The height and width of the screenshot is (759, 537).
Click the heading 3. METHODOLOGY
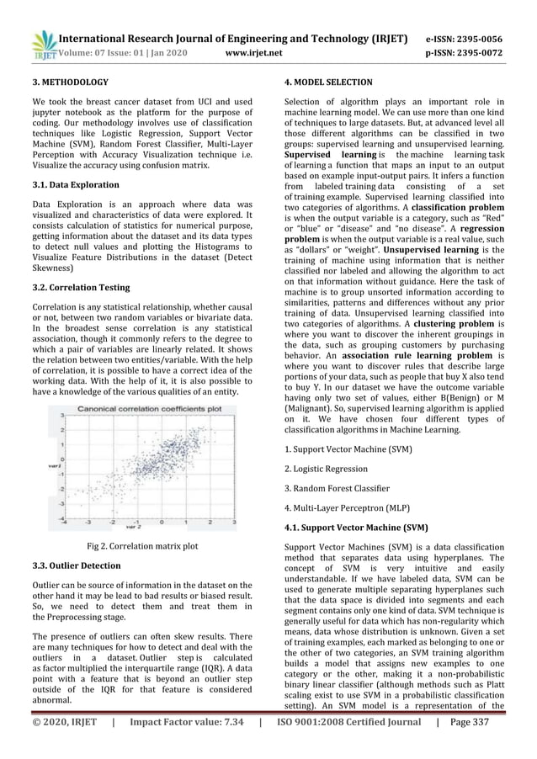pyautogui.click(x=70, y=82)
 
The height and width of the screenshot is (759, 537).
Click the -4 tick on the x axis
pyautogui.click(x=65, y=522)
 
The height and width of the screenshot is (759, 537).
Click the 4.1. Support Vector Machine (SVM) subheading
pyautogui.click(x=356, y=528)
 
